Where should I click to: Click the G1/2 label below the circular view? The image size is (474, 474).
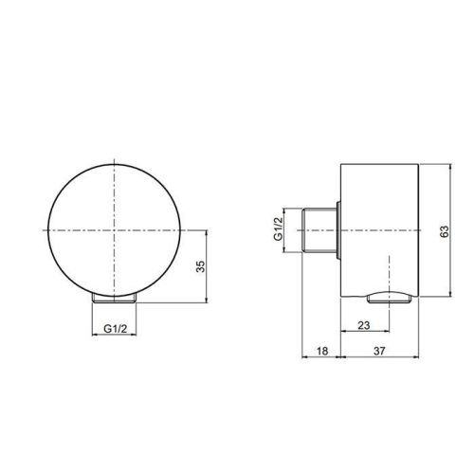coord(115,330)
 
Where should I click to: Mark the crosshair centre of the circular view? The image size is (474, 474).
coord(115,230)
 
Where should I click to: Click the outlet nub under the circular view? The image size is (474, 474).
coord(115,298)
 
